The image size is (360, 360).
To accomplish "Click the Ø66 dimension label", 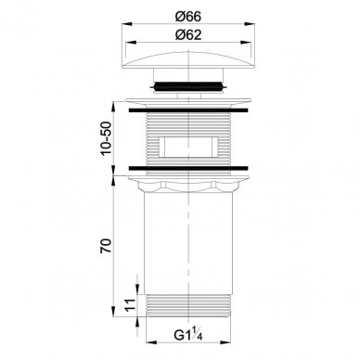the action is [188, 16].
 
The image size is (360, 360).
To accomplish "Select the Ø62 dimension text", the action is [188, 34].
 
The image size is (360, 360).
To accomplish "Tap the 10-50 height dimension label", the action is [106, 139].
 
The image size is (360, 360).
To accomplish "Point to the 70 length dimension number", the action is [106, 246].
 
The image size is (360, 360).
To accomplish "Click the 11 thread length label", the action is [131, 305].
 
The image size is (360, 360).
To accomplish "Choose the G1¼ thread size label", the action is [188, 335].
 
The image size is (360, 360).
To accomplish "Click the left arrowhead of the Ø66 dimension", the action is [126, 24].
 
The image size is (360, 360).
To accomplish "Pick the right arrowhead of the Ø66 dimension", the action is [250, 24].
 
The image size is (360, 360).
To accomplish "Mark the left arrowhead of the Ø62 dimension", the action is [130, 43].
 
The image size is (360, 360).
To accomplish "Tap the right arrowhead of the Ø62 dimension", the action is [246, 43].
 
